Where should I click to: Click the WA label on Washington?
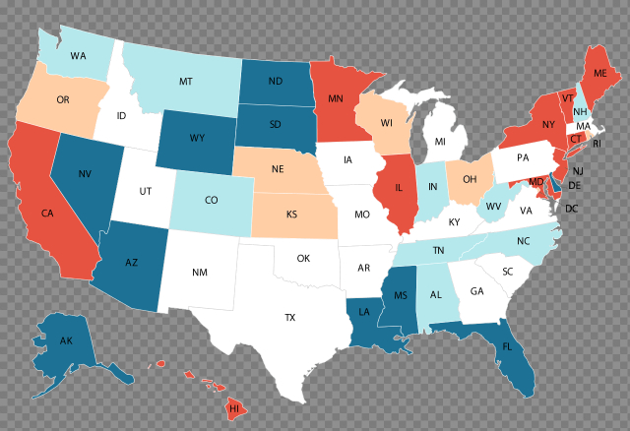click(78, 56)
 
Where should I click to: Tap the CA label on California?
click(46, 213)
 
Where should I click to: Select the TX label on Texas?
click(290, 318)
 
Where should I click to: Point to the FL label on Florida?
click(507, 347)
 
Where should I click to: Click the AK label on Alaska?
click(66, 341)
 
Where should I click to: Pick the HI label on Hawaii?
click(234, 406)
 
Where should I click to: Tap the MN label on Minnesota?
click(335, 98)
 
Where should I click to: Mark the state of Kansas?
click(291, 214)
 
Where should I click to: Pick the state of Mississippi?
click(400, 295)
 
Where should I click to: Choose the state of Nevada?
click(87, 175)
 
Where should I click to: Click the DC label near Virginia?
click(571, 209)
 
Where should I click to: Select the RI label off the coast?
click(596, 144)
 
